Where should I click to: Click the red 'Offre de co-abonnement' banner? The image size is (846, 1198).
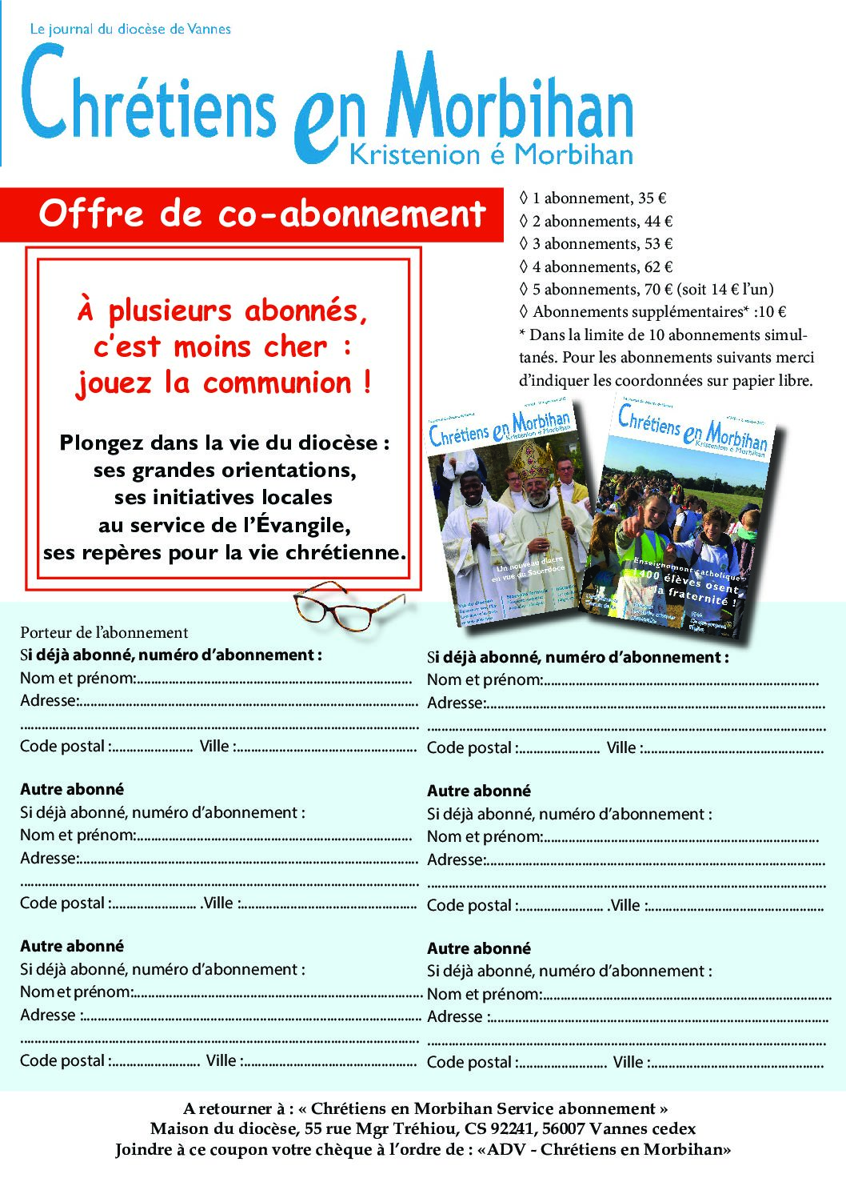pos(261,214)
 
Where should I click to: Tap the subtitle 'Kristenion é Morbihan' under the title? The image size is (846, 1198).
pos(491,154)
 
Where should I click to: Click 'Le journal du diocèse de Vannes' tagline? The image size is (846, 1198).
pos(130,29)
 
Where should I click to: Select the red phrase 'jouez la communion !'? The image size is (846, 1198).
pos(223,383)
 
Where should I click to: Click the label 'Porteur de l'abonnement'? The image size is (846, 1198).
pos(104,633)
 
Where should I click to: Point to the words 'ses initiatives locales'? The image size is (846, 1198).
pos(223,498)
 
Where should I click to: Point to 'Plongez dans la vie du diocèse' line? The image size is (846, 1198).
pos(224,443)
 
